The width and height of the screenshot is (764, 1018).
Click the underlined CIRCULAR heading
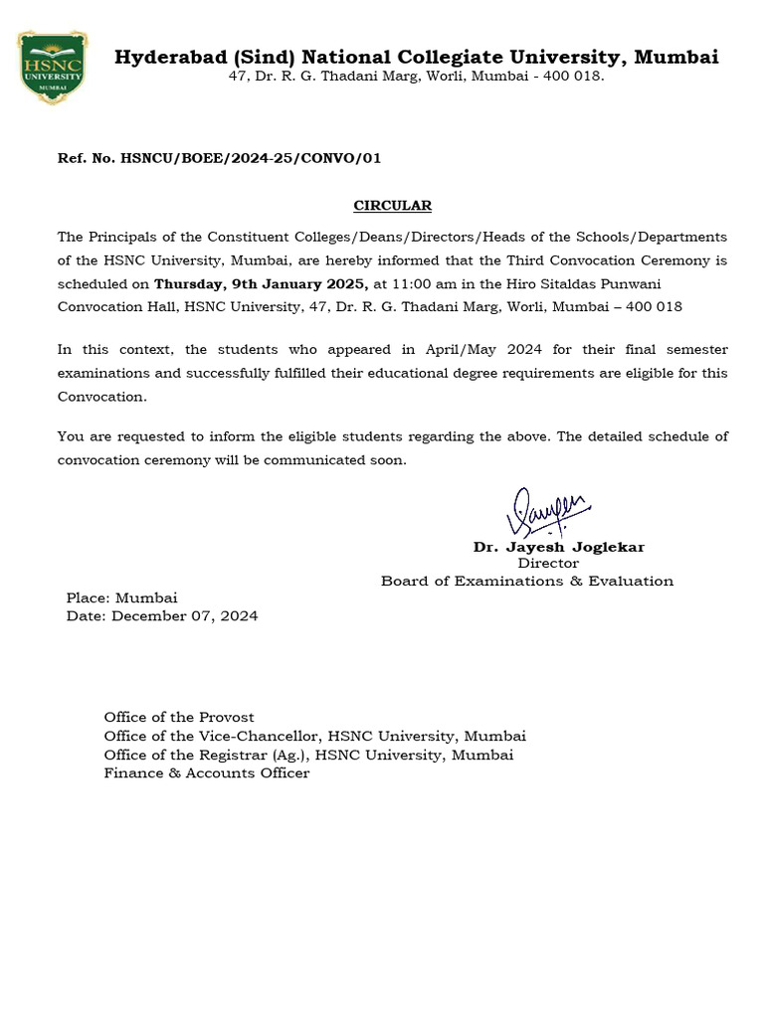click(393, 206)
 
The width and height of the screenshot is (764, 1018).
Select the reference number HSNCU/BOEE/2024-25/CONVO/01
click(250, 158)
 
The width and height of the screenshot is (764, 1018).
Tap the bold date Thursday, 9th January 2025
click(261, 284)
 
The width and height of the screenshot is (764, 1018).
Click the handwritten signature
click(546, 513)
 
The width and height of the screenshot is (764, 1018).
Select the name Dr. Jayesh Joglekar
click(558, 547)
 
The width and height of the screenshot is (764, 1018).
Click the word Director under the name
click(547, 564)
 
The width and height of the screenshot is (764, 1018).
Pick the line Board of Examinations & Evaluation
click(526, 581)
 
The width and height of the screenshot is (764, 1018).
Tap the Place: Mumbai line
click(121, 598)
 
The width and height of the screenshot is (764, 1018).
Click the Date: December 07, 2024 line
click(161, 616)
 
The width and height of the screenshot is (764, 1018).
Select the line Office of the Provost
click(179, 717)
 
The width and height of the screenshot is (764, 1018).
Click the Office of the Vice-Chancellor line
click(314, 736)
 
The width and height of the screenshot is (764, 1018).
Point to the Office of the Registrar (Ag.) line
click(308, 755)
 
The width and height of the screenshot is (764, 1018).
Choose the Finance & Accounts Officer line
click(206, 773)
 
